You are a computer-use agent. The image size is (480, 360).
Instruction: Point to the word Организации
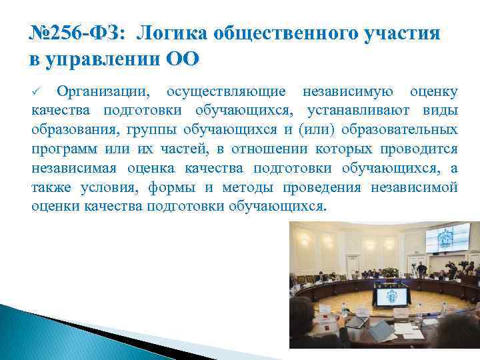[105, 91]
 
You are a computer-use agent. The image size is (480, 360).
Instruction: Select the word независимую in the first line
[347, 91]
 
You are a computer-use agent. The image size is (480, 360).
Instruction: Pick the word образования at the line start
[69, 129]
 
